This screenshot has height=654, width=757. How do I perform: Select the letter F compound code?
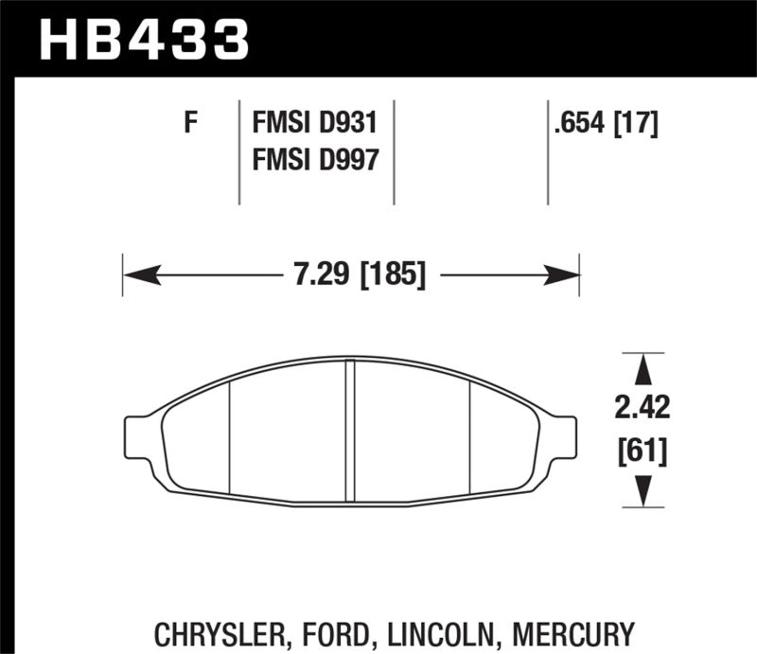(x=190, y=123)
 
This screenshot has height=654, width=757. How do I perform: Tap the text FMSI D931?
(x=314, y=123)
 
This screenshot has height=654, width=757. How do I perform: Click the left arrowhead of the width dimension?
(x=138, y=276)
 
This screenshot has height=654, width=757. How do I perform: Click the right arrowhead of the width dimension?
(x=565, y=276)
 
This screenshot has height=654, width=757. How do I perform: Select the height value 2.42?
(x=643, y=409)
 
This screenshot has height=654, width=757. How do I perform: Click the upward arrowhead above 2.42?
(x=643, y=368)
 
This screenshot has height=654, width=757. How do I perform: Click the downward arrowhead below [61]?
(x=643, y=489)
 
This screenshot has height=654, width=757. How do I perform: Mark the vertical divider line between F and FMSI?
(x=238, y=151)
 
